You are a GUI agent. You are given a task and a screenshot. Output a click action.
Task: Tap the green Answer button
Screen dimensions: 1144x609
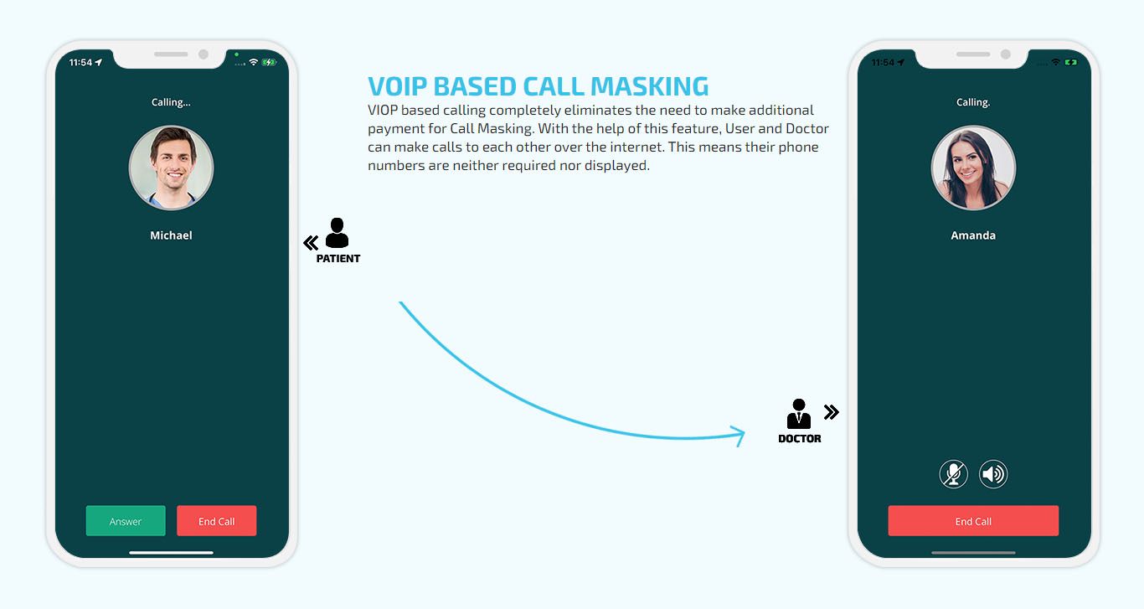[126, 520]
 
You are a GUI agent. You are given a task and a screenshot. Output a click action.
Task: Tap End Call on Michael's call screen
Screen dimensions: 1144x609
[217, 520]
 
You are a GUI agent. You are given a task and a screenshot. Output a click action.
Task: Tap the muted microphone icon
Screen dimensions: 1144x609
[954, 474]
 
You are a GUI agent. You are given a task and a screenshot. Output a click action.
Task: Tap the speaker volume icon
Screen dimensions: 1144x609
[993, 474]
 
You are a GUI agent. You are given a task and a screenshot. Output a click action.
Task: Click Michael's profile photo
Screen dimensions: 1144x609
[171, 168]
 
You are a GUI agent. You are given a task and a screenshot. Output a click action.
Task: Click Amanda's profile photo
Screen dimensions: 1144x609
[973, 168]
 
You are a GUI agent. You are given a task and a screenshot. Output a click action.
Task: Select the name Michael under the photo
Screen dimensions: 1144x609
[171, 235]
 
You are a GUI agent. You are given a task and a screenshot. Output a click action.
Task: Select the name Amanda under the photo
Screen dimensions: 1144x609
[973, 235]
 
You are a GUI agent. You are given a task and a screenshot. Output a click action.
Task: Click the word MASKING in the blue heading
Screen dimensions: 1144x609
[650, 86]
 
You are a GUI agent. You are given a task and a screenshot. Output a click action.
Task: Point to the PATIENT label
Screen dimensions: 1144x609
[338, 259]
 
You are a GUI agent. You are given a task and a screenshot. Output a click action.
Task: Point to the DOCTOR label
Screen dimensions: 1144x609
[800, 439]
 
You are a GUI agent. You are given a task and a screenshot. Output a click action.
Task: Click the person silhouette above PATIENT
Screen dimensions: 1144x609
[337, 233]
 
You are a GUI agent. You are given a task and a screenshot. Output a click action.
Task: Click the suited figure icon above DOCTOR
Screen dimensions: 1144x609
[799, 414]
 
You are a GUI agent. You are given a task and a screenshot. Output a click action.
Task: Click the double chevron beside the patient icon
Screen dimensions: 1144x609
[311, 243]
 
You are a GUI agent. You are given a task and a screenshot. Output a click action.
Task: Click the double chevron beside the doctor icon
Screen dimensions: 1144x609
[832, 412]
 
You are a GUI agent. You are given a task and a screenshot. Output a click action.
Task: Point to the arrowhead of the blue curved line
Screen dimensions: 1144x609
[744, 434]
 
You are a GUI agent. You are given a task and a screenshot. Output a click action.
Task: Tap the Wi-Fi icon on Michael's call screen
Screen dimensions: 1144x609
[253, 62]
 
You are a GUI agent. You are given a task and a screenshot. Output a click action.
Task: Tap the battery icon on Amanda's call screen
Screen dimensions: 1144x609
[1071, 62]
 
